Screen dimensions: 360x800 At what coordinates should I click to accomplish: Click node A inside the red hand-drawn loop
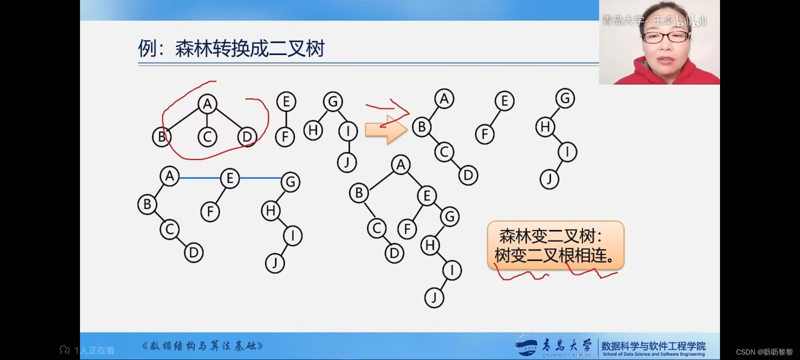coord(207,104)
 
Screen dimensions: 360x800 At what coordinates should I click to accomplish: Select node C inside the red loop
coord(207,137)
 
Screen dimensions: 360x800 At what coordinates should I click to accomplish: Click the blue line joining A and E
coord(200,178)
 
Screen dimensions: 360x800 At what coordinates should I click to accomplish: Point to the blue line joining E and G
coord(260,178)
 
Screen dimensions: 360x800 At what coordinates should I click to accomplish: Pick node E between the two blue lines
coord(230,178)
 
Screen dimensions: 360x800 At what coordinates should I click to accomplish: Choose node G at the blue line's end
coord(290,182)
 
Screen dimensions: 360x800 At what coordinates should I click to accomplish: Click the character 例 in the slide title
coord(147,49)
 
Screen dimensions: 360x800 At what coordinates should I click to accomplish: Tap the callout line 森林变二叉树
coord(550,236)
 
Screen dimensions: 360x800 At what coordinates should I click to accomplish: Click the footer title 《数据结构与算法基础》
coord(202,346)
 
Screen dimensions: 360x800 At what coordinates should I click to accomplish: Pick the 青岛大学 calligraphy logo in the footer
coord(566,345)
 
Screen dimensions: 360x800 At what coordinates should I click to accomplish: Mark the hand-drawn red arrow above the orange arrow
coord(388,107)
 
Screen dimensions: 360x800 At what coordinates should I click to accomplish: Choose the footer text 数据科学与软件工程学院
coord(653,346)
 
